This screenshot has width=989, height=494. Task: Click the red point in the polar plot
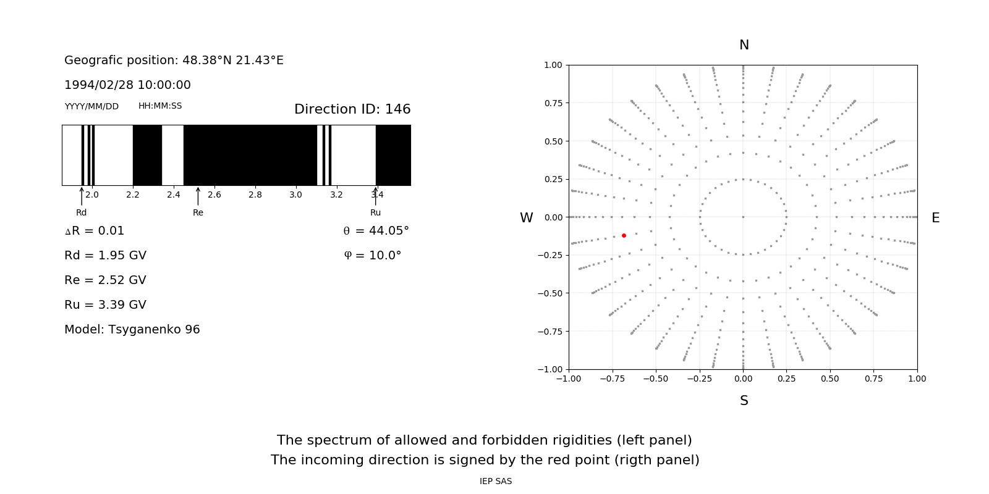pos(624,235)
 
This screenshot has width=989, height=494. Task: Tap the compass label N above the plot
pos(744,45)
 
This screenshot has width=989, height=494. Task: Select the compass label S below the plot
pos(744,401)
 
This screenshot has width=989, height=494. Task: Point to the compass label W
pos(526,218)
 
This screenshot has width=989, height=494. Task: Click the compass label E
pos(935,218)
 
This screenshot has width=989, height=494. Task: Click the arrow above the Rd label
pos(82,196)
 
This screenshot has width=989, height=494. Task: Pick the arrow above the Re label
pos(198,196)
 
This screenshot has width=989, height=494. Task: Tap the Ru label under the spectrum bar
pos(375,213)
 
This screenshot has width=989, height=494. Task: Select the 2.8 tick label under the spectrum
pos(255,195)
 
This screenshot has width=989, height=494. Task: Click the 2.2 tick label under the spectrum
pos(133,195)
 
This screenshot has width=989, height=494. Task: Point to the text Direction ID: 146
pos(352,109)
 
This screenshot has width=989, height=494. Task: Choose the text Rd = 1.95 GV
pos(105,256)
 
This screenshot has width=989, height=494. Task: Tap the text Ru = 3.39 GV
pos(105,305)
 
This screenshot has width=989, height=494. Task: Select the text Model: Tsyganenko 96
pos(132,330)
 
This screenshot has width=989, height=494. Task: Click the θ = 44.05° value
pos(376,231)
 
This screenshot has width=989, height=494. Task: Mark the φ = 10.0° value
pos(372,256)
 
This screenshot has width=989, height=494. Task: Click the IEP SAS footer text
pos(495,482)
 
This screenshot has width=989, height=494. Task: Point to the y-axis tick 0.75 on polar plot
pos(553,103)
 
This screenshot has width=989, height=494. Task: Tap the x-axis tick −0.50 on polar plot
pos(655,379)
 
